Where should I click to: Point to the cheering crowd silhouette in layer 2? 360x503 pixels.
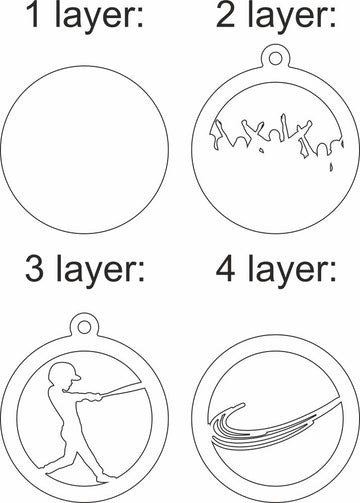click(x=271, y=132)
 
